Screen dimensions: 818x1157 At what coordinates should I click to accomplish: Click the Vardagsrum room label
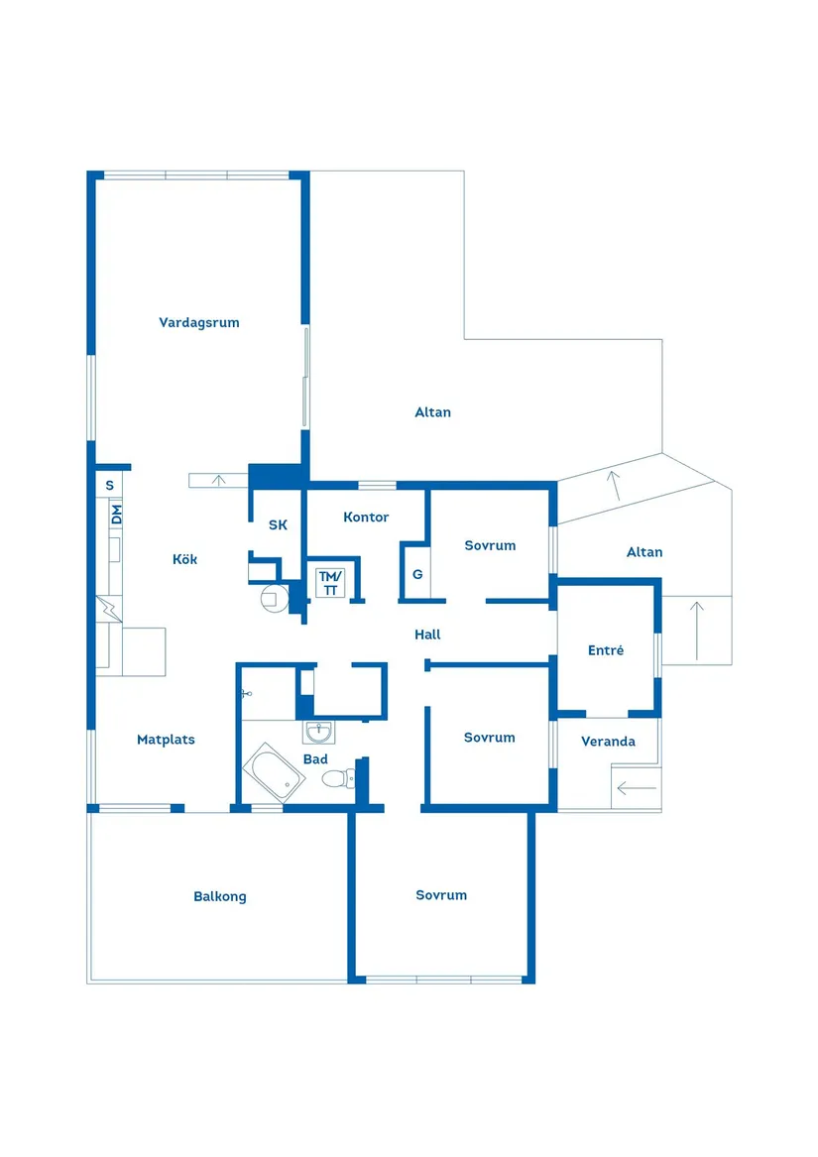point(199,322)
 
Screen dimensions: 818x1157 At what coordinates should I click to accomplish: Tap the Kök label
point(184,559)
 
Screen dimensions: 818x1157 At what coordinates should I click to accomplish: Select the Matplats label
point(167,740)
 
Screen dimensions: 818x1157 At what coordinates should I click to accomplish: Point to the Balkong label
point(220,896)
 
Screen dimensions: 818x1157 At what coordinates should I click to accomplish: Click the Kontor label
point(366,518)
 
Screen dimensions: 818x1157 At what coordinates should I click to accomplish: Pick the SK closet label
point(278,524)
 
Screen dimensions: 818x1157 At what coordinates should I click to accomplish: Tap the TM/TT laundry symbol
point(331,583)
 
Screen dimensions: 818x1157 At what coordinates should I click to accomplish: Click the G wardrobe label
point(417,574)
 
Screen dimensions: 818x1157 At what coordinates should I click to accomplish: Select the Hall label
point(427,635)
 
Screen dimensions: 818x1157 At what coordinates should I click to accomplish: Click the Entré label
point(606,650)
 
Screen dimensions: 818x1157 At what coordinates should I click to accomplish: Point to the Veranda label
point(609,742)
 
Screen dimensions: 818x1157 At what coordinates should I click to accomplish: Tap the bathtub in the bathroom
point(274,772)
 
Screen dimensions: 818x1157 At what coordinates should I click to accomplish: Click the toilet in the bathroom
point(340,778)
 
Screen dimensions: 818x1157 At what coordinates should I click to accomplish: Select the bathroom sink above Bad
point(319,732)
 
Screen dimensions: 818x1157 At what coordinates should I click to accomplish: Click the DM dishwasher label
point(116,514)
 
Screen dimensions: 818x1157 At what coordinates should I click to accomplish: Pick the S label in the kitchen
point(110,486)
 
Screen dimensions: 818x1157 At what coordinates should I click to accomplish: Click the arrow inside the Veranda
point(637,789)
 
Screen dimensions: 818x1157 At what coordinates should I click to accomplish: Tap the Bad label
point(315,759)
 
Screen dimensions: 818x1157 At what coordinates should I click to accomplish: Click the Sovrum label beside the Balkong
point(441,895)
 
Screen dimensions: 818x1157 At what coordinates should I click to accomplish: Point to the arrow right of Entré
point(696,631)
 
